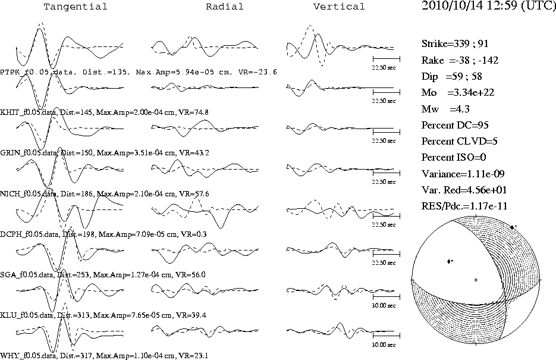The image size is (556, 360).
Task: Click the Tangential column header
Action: [75, 7]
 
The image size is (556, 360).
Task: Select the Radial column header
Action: [225, 7]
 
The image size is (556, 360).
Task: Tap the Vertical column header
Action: [339, 7]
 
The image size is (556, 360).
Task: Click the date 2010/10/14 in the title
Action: [452, 6]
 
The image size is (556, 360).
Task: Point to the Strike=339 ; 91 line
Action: [455, 43]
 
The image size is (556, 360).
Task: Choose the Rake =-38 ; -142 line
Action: [460, 60]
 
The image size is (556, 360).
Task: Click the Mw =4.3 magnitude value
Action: [445, 109]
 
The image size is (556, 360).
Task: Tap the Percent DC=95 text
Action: [455, 125]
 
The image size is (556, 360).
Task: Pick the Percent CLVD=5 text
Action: [460, 141]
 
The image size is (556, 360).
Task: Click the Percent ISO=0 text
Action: [454, 157]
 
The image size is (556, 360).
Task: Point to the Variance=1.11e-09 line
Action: [463, 174]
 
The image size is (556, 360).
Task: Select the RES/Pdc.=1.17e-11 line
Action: [464, 206]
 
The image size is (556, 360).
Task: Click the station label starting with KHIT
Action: [104, 112]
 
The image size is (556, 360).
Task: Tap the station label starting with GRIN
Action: [105, 153]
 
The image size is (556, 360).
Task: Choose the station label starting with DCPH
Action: [103, 234]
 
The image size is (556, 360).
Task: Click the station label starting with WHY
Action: [104, 355]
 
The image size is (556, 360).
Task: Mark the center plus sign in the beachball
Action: [476, 280]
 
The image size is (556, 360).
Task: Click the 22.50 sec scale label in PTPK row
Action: [384, 67]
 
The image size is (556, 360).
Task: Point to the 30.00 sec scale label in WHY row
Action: [384, 345]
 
